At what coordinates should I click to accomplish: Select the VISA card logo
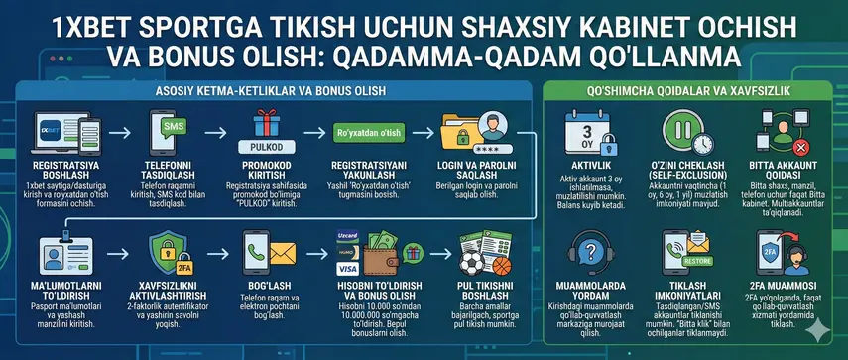[x=348, y=267]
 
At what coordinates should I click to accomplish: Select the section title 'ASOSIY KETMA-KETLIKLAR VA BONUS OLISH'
[x=272, y=91]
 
